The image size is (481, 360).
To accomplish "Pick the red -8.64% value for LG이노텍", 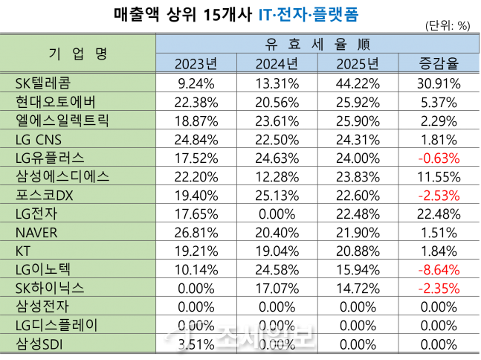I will pos(437,269).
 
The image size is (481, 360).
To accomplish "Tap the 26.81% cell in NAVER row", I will pos(196,231).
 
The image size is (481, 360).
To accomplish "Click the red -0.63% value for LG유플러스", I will pos(437,156).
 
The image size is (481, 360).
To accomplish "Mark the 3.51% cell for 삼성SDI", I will pos(196,344).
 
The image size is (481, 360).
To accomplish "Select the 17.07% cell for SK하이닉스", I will pos(277,287).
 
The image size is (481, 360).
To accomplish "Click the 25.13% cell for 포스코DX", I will pos(277,193).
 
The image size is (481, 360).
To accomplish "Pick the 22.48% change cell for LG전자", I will pos(437,212).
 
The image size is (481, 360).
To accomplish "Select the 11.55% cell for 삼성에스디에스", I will pos(437,175).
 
